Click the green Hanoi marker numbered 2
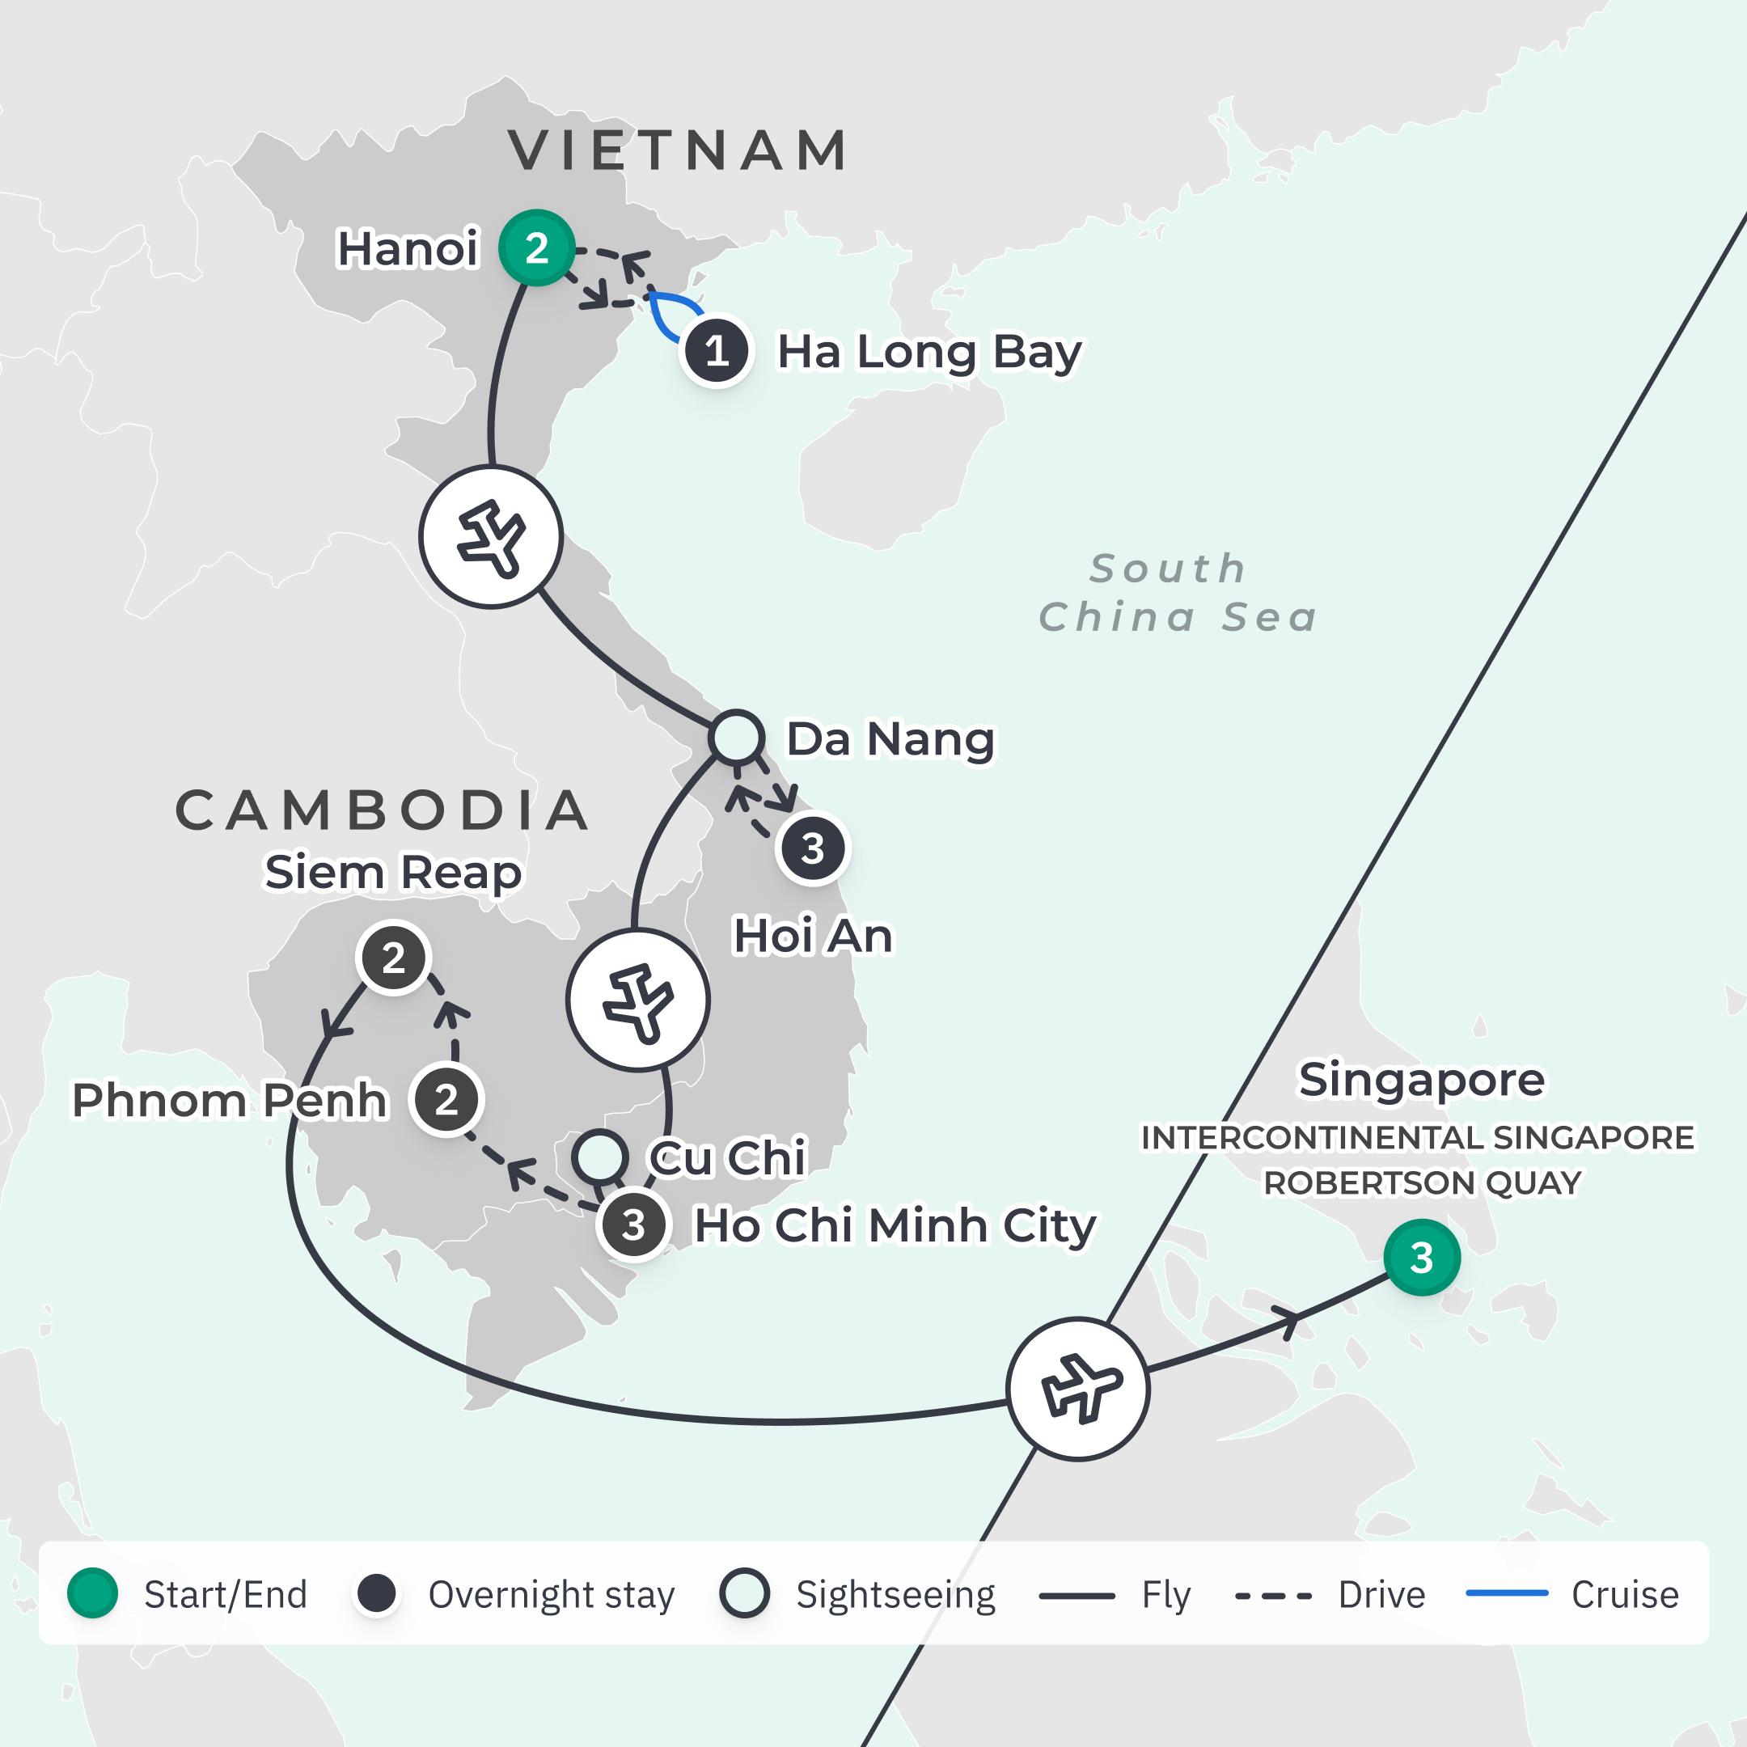tap(536, 247)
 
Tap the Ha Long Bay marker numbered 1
tap(716, 351)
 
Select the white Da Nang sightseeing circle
tap(736, 737)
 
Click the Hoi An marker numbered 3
tap(812, 848)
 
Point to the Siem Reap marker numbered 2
tap(393, 958)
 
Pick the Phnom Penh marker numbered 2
tap(446, 1100)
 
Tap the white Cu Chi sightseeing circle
tap(599, 1157)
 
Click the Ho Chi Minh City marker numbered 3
tap(633, 1225)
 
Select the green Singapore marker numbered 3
tap(1420, 1257)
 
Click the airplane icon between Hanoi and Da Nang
tap(491, 537)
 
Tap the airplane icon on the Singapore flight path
tap(1078, 1389)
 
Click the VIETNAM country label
tap(679, 150)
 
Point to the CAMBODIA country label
tap(382, 810)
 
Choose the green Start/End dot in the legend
tap(92, 1594)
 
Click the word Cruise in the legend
tap(1624, 1595)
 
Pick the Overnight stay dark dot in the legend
tap(376, 1594)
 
